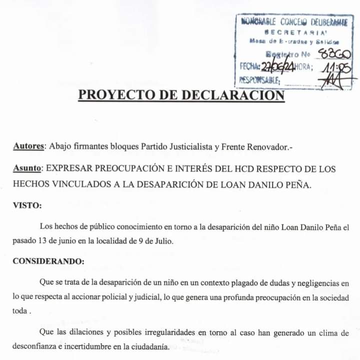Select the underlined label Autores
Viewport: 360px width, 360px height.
point(28,146)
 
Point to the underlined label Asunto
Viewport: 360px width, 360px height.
point(28,169)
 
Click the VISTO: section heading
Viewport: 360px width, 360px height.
point(27,205)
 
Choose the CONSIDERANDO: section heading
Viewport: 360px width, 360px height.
point(48,260)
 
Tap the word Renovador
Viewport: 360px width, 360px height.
point(264,146)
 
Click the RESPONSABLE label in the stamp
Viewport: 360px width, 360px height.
point(259,79)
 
